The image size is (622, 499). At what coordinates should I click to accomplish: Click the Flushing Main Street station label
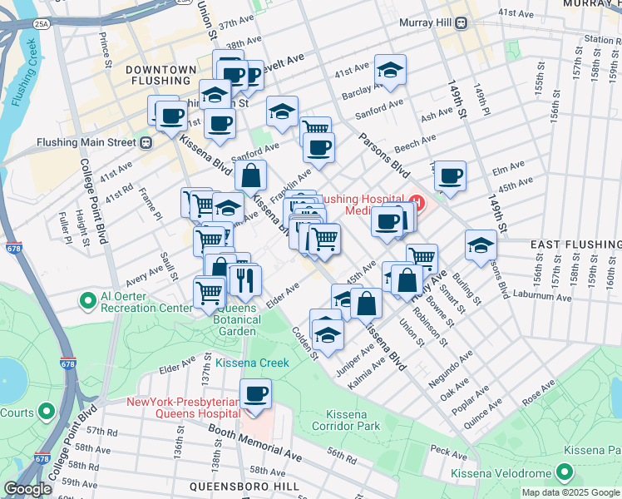click(x=86, y=142)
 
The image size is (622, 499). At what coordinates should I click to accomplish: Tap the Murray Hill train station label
click(x=427, y=23)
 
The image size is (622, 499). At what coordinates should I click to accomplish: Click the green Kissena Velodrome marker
click(x=565, y=474)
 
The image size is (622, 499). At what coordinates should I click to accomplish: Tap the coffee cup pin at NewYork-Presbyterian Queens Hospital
click(x=256, y=393)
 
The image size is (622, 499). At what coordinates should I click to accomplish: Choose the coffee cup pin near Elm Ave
click(x=450, y=175)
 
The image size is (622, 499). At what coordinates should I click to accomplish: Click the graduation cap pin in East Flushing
click(x=481, y=245)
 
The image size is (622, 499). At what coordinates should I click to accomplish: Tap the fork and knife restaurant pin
click(x=244, y=279)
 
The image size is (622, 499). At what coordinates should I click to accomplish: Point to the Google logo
click(x=27, y=489)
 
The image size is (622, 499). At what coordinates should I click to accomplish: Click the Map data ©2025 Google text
click(x=570, y=492)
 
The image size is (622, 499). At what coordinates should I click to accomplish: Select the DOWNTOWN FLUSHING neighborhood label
click(x=162, y=75)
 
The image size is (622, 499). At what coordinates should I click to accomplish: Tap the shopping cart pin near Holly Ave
click(x=422, y=259)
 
